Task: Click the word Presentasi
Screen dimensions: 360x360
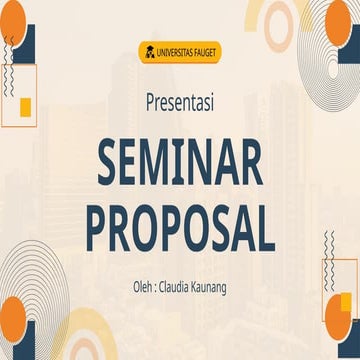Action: pos(180,102)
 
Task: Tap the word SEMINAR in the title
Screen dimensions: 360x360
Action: pos(180,163)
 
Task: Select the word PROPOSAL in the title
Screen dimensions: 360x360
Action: pos(180,228)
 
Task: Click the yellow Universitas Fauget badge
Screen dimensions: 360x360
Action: pos(180,51)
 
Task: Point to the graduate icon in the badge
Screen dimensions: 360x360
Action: pos(149,51)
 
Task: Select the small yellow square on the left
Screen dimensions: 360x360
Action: pos(26,107)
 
